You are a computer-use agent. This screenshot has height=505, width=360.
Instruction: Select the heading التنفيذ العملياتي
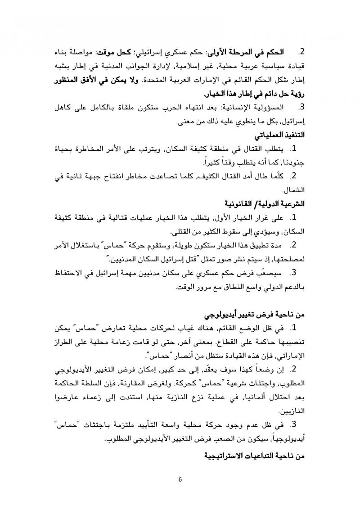click(279, 135)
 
